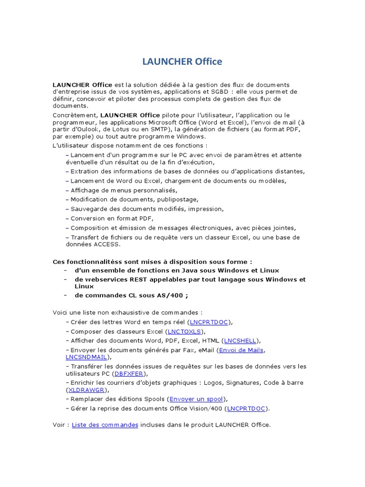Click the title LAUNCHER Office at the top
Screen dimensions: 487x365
coord(182,62)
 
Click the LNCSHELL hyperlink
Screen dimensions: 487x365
coord(240,341)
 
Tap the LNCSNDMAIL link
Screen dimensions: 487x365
coord(86,357)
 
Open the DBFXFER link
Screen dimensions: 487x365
coord(129,373)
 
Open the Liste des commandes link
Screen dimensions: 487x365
coord(105,425)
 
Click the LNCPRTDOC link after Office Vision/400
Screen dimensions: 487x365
coord(247,408)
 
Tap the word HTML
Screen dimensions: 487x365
coord(211,341)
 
